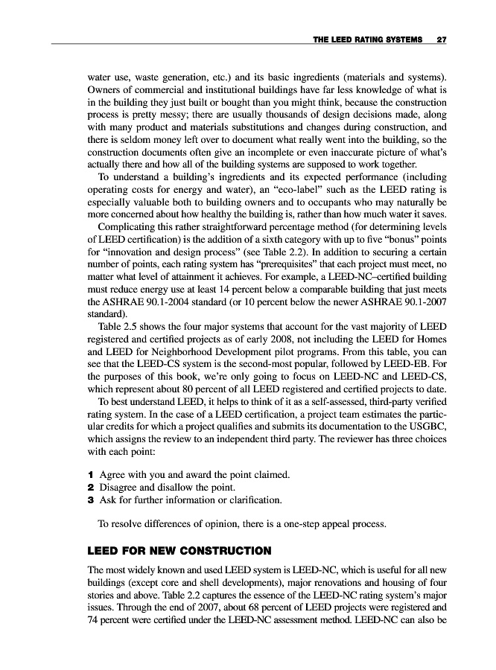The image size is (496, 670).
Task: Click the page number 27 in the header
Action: pyautogui.click(x=441, y=39)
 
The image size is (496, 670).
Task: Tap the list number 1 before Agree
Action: pyautogui.click(x=89, y=474)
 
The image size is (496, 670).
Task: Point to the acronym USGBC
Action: pyautogui.click(x=426, y=427)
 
